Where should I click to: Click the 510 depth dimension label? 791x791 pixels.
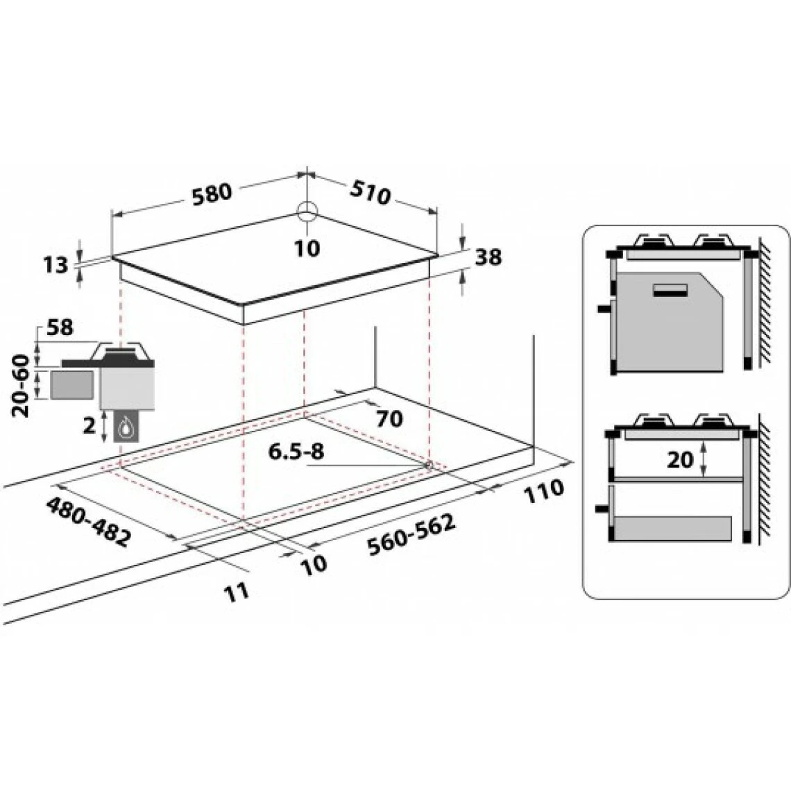(x=369, y=194)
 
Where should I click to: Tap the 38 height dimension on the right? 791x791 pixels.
(x=488, y=257)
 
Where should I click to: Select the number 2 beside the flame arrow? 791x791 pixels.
(x=89, y=425)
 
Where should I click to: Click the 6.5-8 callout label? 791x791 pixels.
(x=297, y=452)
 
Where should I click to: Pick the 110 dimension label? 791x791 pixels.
(x=544, y=491)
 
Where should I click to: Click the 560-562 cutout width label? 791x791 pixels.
(x=411, y=534)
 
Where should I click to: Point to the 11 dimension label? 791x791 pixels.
(x=236, y=591)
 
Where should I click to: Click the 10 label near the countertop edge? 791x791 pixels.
(x=313, y=563)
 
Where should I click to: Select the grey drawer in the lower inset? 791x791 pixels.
(x=674, y=528)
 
